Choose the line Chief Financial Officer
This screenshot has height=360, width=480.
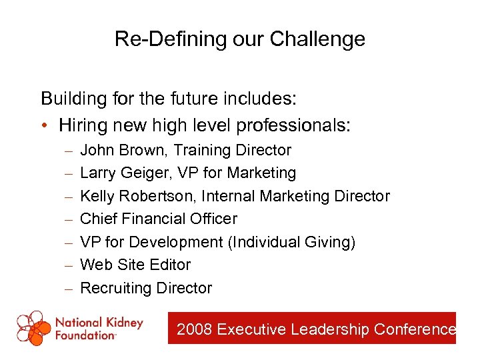point(158,219)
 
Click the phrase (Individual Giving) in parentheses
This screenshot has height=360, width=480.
point(292,242)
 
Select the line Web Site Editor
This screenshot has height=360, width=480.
point(135,265)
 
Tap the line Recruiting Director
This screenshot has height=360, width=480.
point(146,288)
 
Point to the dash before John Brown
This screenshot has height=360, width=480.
point(69,151)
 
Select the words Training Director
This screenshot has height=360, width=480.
point(233,150)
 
